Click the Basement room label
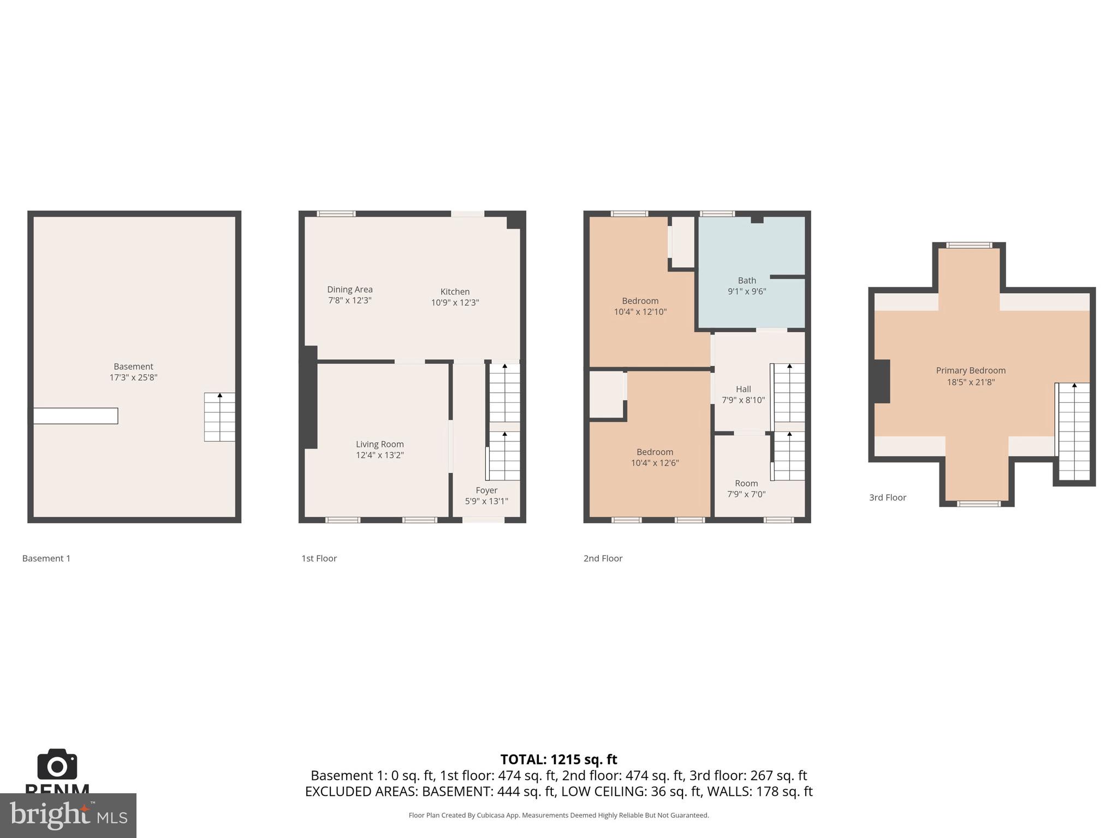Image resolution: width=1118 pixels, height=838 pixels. click(133, 367)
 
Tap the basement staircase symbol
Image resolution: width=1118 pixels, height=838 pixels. click(219, 417)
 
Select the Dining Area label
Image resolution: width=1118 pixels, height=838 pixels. click(349, 290)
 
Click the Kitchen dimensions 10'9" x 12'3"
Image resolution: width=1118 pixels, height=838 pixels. click(455, 303)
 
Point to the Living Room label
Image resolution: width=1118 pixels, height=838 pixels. click(379, 445)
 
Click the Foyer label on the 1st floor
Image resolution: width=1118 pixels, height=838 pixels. click(486, 490)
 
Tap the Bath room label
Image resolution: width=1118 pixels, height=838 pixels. click(747, 280)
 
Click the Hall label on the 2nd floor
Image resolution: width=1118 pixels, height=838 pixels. click(743, 390)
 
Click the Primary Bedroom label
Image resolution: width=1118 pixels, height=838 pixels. click(970, 371)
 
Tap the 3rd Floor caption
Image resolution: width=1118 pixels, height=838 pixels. click(887, 498)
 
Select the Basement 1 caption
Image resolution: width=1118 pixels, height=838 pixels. click(46, 558)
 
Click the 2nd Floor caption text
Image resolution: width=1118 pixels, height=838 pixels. click(603, 558)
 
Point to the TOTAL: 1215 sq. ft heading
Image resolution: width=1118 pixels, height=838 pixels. click(558, 759)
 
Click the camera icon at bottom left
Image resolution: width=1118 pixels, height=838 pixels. click(57, 765)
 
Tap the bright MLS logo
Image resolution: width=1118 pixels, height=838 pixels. click(68, 816)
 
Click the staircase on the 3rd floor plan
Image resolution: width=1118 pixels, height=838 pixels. click(1074, 431)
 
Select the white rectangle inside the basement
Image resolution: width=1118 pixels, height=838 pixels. click(75, 416)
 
